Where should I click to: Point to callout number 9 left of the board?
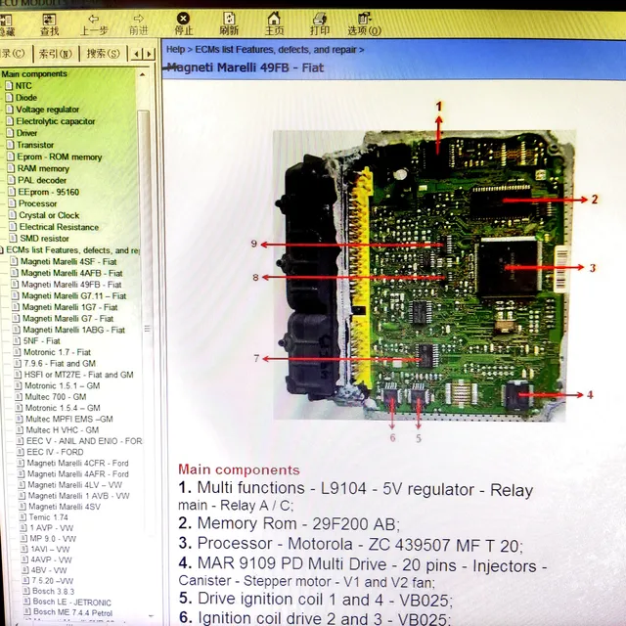pos(253,244)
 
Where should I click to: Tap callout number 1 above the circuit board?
pos(439,106)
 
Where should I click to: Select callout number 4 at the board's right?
pos(590,395)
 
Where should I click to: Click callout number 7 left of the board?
pos(256,358)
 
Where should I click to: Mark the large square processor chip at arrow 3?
pos(507,266)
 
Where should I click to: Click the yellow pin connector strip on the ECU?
pos(359,254)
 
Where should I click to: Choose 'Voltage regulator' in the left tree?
pos(48,110)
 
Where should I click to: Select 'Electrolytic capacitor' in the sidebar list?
pos(56,121)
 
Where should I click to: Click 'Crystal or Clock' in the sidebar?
pos(49,215)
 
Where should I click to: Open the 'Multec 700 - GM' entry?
pos(56,397)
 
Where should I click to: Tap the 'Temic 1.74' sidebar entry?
pos(48,516)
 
